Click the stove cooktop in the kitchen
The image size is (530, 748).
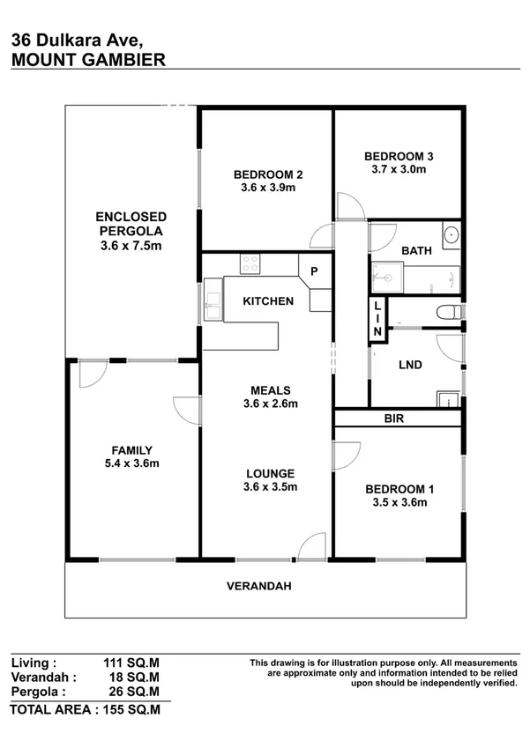click(x=250, y=263)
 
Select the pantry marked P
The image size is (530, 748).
click(x=313, y=270)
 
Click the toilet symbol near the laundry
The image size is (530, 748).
click(x=447, y=311)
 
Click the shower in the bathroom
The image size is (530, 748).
click(x=385, y=278)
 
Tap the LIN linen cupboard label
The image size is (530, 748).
click(x=377, y=317)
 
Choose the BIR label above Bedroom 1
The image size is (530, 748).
click(x=393, y=418)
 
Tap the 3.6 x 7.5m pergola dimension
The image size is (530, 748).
click(x=131, y=246)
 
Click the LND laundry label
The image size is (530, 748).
click(x=410, y=365)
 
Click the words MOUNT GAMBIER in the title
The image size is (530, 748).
click(x=86, y=59)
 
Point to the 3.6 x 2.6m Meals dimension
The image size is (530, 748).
click(x=270, y=404)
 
